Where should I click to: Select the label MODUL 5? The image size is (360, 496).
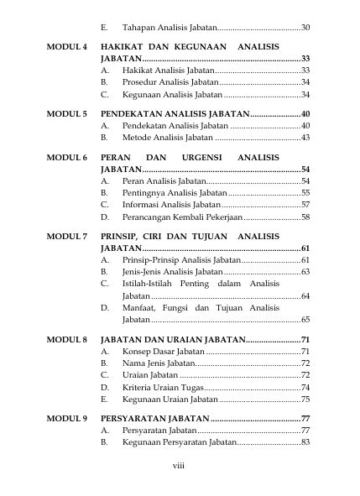click(x=67, y=113)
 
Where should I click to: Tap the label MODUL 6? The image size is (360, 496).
click(x=67, y=157)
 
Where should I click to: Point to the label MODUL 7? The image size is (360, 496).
click(x=67, y=238)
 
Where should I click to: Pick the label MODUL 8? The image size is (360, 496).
click(x=67, y=340)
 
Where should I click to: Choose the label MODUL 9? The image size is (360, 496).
click(x=67, y=418)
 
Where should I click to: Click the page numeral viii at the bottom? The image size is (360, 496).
click(x=179, y=466)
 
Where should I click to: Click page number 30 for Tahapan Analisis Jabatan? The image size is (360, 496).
click(x=305, y=29)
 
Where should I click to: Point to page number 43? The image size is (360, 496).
click(x=305, y=137)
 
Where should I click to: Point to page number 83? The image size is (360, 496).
click(x=305, y=441)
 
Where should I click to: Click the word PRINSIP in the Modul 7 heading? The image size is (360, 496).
click(x=120, y=238)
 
